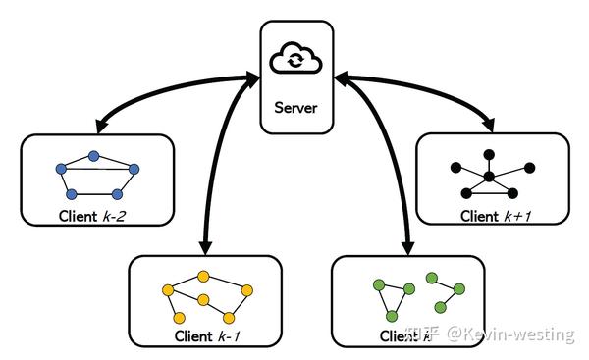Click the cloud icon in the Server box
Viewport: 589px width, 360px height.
click(x=294, y=60)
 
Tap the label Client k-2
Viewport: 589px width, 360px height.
click(x=96, y=215)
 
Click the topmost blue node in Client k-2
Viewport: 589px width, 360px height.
click(x=94, y=155)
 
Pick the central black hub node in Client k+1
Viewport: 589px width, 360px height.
click(x=489, y=178)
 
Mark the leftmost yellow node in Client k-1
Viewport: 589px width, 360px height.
click(x=168, y=290)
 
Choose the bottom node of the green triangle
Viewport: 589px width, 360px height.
click(x=390, y=316)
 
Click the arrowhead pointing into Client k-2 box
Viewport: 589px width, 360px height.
click(x=99, y=129)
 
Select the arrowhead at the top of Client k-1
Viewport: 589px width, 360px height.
click(x=205, y=244)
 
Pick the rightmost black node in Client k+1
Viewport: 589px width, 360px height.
click(x=529, y=167)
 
